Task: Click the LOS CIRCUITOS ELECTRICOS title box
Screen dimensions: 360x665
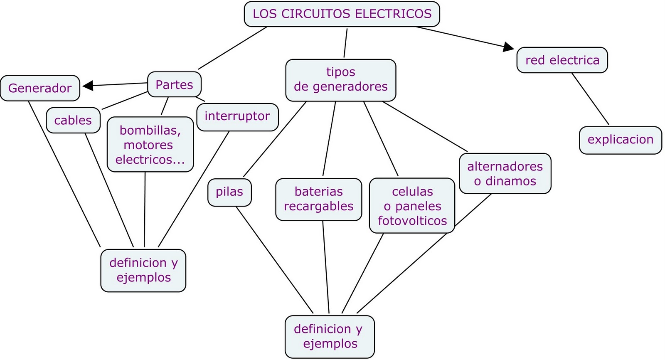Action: pos(342,14)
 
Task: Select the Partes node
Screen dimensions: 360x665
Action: pos(174,84)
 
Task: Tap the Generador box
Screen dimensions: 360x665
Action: pos(40,88)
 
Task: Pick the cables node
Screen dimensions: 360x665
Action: pos(73,120)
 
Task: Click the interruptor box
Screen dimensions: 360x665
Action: pos(237,117)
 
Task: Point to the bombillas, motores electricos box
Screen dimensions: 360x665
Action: pos(150,145)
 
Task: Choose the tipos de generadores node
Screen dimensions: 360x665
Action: pos(340,80)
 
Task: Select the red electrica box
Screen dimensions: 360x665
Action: pos(562,60)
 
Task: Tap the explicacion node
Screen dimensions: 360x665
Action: pos(620,140)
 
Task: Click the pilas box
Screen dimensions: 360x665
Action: pos(229,192)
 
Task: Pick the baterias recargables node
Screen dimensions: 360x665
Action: pos(318,199)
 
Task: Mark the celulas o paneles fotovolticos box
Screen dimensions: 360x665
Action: pos(412,206)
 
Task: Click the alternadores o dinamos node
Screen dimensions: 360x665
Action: pos(505,173)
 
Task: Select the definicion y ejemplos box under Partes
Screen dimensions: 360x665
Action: pos(143,270)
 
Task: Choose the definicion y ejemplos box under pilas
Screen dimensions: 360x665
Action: pos(330,336)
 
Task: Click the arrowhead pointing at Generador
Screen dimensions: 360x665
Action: pos(88,86)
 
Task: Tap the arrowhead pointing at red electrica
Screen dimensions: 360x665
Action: pos(508,47)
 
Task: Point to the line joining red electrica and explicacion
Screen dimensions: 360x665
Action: pos(590,99)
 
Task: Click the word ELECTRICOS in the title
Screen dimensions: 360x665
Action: pos(393,14)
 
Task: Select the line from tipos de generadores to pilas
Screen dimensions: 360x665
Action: pos(274,140)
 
